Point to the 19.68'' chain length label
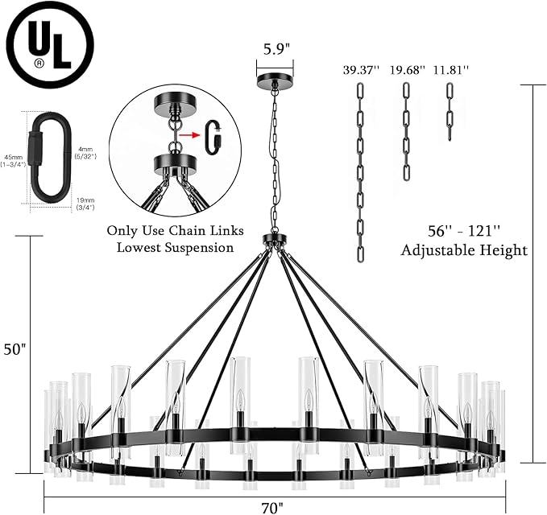405,70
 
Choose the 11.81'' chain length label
449,70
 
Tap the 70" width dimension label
273,507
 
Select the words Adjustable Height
464,250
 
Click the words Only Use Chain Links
170,229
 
